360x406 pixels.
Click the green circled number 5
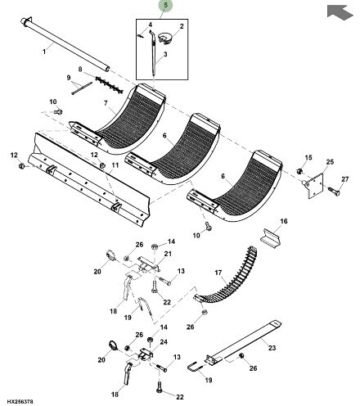[x=166, y=6]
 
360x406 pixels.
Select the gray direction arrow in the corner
[x=340, y=12]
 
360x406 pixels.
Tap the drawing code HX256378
[x=20, y=402]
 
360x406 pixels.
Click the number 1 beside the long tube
[x=44, y=52]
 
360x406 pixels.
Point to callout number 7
[x=106, y=103]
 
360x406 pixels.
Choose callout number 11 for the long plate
[x=115, y=165]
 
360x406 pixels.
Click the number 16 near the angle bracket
[x=284, y=221]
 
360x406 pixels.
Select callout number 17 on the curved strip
[x=218, y=273]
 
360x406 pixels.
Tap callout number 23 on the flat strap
[x=272, y=348]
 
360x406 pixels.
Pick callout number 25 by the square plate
[x=330, y=162]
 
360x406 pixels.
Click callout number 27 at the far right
[x=345, y=179]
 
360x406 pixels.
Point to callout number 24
[x=164, y=342]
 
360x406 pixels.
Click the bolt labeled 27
[x=334, y=191]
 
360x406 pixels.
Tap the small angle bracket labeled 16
[x=271, y=237]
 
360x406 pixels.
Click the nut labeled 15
[x=300, y=171]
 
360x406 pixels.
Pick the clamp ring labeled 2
[x=164, y=38]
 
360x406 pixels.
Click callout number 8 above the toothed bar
[x=80, y=69]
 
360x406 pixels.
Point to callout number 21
[x=168, y=254]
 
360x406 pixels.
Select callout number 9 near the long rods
[x=69, y=78]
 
